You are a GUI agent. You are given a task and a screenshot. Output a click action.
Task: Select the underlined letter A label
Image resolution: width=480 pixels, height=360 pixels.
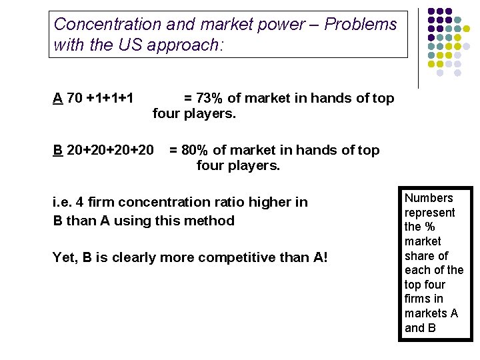click(x=58, y=99)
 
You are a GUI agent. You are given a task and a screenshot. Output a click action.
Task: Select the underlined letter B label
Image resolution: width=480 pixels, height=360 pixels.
click(x=58, y=150)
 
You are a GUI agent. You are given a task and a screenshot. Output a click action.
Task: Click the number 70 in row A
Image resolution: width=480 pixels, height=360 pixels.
click(x=75, y=99)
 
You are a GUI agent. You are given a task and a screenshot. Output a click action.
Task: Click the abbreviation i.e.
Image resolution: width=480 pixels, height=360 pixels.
click(x=63, y=202)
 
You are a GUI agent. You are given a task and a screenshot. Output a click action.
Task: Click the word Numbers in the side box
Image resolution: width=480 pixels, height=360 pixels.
click(x=429, y=198)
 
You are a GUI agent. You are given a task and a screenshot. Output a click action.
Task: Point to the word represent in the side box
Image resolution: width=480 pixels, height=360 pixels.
click(x=430, y=213)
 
